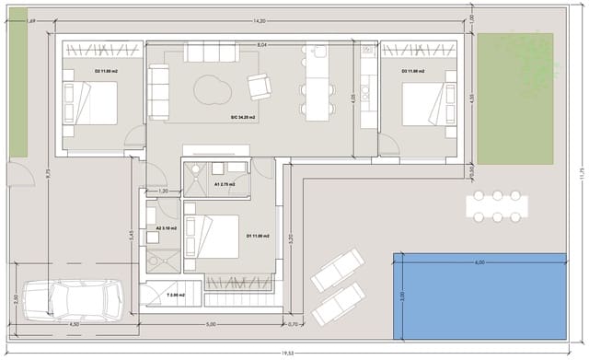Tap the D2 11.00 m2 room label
point(103,69)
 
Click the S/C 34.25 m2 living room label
point(244,117)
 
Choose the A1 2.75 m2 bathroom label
point(225,184)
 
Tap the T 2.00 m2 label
point(175,296)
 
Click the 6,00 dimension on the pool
point(479,261)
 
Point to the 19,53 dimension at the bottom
point(287,353)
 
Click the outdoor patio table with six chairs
point(496,205)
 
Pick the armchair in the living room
point(260,86)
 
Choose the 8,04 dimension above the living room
point(261,44)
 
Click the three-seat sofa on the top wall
point(211,52)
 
